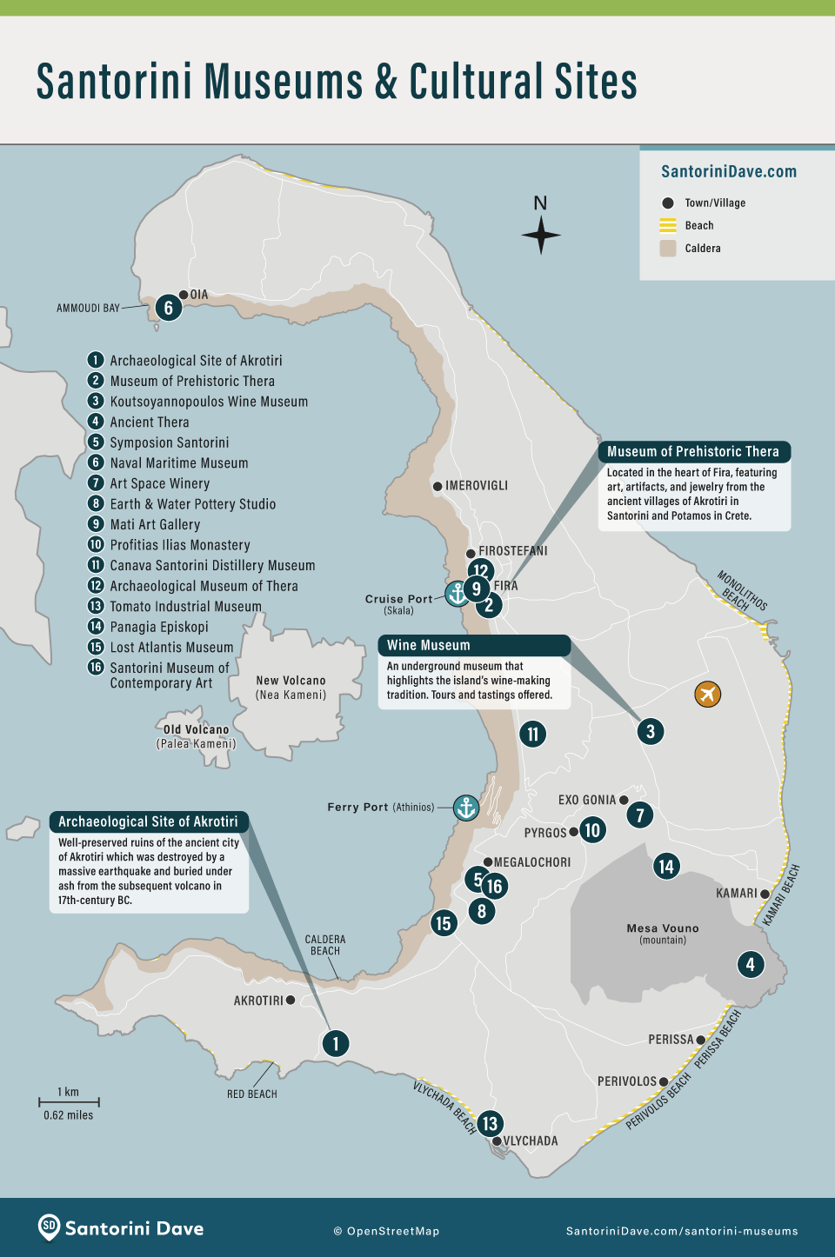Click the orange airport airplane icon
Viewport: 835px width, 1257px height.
pos(708,694)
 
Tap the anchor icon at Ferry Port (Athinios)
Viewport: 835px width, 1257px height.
pos(466,808)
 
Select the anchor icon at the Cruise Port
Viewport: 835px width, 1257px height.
pos(457,594)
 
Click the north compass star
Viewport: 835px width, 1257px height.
pos(541,235)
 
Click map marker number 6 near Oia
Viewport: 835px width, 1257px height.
pos(169,308)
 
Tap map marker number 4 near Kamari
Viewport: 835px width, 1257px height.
pos(751,963)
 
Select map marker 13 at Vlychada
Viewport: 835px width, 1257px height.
pos(490,1123)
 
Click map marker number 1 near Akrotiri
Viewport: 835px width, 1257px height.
pos(336,1043)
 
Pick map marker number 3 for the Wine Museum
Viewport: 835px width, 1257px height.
pos(651,731)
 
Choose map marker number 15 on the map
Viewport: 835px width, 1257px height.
pos(444,923)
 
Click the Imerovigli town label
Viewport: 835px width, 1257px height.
pos(476,486)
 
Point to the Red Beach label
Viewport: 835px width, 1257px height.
pos(252,1094)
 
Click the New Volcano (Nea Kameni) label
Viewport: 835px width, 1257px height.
pos(291,688)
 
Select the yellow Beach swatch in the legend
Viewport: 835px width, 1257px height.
pos(668,226)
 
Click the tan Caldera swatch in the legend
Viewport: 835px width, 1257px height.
pos(668,249)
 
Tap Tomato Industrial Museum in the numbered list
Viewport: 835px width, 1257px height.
pos(185,607)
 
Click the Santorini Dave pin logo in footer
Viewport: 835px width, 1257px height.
pos(50,1227)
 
